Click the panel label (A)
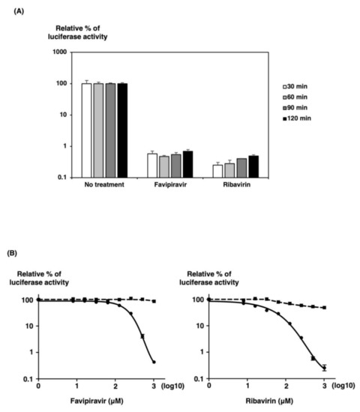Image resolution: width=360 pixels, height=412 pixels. (x=21, y=10)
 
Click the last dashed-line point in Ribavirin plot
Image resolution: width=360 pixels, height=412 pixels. (x=324, y=308)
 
